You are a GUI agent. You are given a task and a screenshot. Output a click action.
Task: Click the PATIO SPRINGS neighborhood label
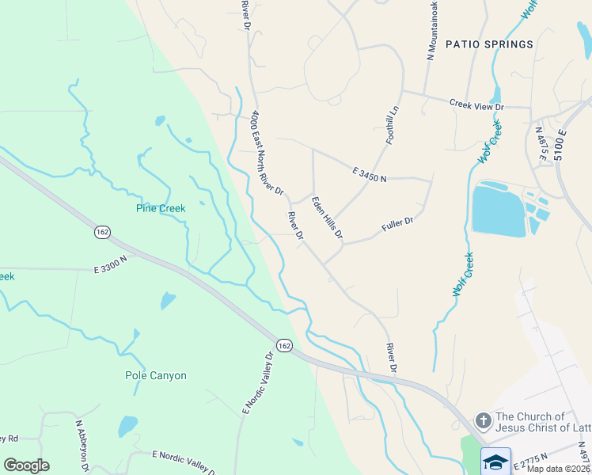pyautogui.click(x=489, y=44)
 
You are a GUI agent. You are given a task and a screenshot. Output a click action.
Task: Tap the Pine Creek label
pyautogui.click(x=161, y=209)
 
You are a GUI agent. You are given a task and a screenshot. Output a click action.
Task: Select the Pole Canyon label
pyautogui.click(x=156, y=375)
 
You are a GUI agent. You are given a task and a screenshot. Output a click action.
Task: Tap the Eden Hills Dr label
pyautogui.click(x=327, y=218)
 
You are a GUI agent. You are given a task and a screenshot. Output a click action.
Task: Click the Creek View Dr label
pyautogui.click(x=476, y=104)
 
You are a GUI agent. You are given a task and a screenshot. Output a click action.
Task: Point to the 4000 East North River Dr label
pyautogui.click(x=267, y=154)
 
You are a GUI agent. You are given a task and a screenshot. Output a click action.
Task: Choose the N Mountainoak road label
pyautogui.click(x=433, y=30)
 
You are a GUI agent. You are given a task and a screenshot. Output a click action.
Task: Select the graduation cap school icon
pyautogui.click(x=496, y=462)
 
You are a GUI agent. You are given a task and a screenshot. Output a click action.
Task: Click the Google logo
pyautogui.click(x=26, y=465)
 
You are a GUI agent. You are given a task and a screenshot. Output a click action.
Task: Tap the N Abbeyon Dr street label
pyautogui.click(x=82, y=446)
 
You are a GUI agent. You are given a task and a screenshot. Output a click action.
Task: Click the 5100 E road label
pyautogui.click(x=562, y=146)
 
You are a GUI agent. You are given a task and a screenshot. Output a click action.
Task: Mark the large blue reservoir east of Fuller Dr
pyautogui.click(x=498, y=210)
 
